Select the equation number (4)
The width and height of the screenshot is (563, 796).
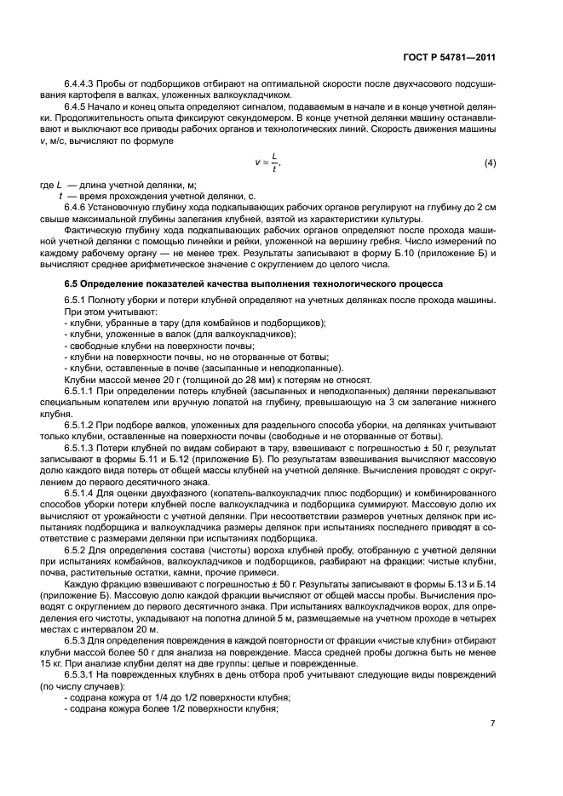(490, 163)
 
